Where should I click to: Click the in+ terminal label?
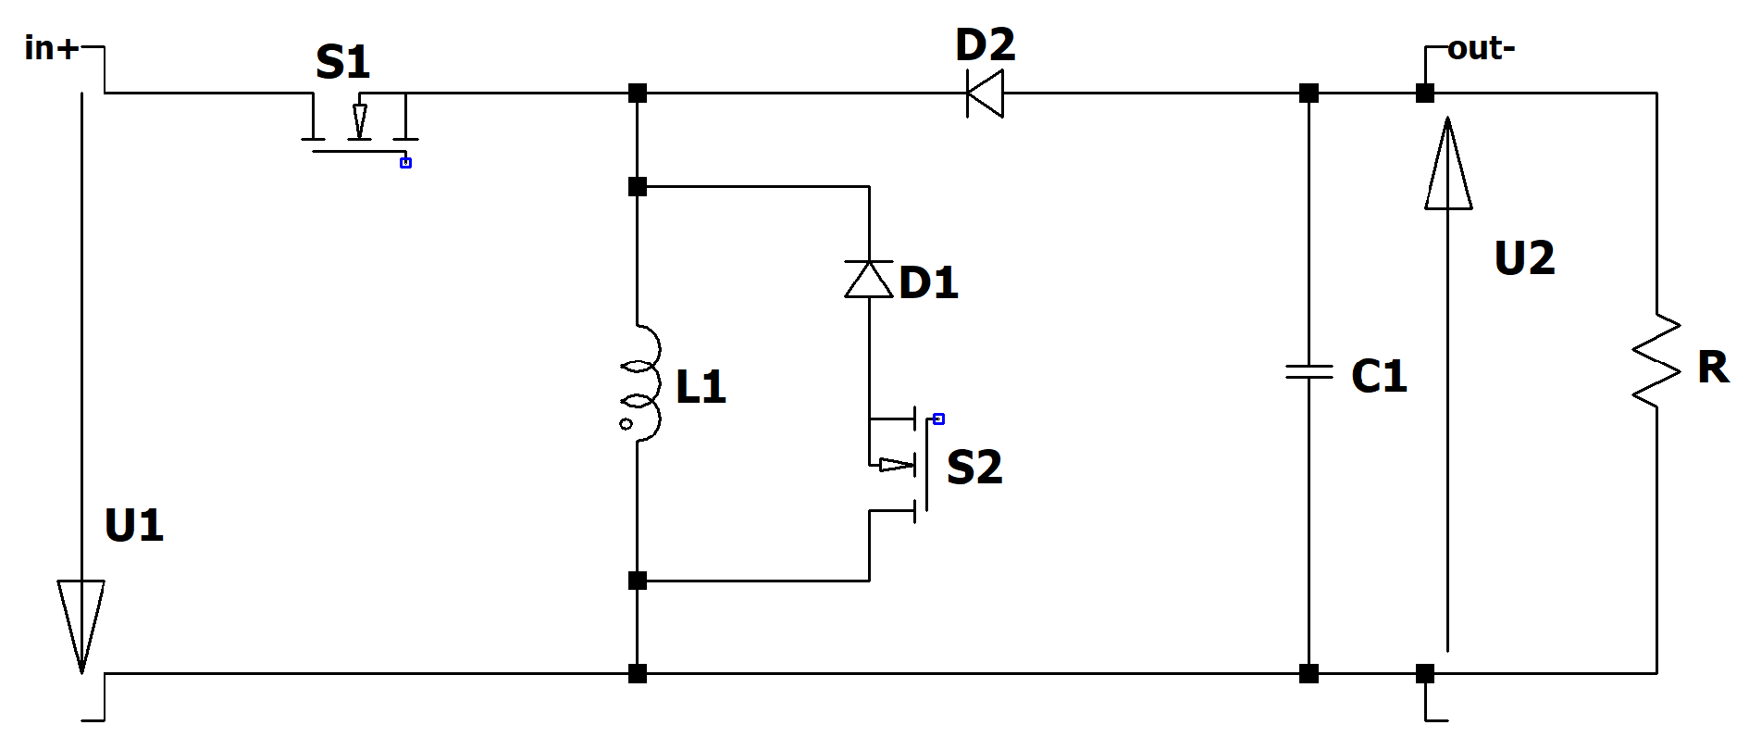(x=52, y=48)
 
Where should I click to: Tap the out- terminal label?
(x=1481, y=48)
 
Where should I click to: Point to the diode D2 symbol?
(x=985, y=94)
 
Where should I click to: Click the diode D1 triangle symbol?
(x=869, y=279)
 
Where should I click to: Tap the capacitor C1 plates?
(x=1309, y=371)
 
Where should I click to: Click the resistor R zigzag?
(x=1656, y=361)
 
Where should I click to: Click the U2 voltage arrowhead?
(x=1448, y=167)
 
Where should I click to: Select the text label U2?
(x=1524, y=258)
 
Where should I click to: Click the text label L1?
(x=701, y=386)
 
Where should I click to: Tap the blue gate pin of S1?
(x=405, y=163)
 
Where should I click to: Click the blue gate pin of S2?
(x=938, y=419)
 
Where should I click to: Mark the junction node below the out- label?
(x=1425, y=94)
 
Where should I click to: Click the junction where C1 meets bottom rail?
(x=1309, y=673)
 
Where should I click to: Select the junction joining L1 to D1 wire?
(x=638, y=187)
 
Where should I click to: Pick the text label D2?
(x=985, y=44)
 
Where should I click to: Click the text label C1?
(x=1379, y=376)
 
